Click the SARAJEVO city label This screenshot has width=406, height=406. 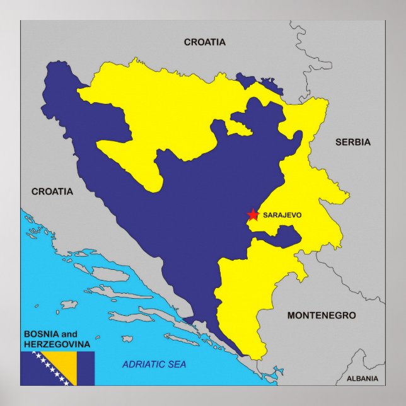click(x=282, y=215)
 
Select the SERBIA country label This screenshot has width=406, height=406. click(x=352, y=142)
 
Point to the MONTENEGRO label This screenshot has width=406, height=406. click(x=322, y=315)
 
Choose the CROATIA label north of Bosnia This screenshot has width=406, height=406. click(x=204, y=42)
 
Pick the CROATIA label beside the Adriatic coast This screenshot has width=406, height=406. click(x=52, y=191)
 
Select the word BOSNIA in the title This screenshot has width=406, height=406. click(x=42, y=334)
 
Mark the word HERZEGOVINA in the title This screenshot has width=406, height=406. click(x=57, y=344)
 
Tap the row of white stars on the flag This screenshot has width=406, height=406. click(x=50, y=369)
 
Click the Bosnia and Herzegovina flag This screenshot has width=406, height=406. click(x=57, y=369)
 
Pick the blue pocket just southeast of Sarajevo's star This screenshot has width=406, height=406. click(x=284, y=236)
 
